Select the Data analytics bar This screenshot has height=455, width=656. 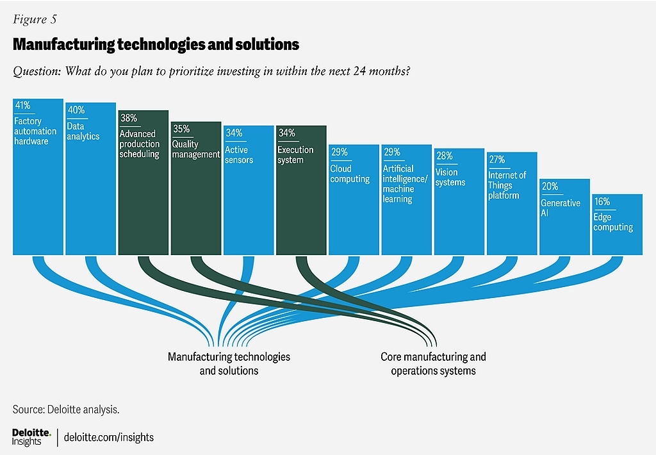click(90, 192)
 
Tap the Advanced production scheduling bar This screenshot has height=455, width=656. click(143, 199)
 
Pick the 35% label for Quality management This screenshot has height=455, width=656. click(181, 129)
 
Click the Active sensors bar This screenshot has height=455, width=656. click(248, 205)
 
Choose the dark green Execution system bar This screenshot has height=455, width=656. click(301, 205)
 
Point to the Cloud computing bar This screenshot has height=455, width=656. click(354, 211)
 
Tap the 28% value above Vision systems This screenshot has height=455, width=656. click(444, 156)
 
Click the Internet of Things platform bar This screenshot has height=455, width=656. click(511, 218)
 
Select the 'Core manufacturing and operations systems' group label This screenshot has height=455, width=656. click(433, 363)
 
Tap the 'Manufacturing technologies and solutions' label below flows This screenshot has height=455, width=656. click(229, 363)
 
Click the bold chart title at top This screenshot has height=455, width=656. click(156, 44)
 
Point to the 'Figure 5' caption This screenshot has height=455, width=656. click(35, 19)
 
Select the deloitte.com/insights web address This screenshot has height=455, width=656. click(109, 437)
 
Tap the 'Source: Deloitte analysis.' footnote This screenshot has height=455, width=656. click(66, 408)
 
